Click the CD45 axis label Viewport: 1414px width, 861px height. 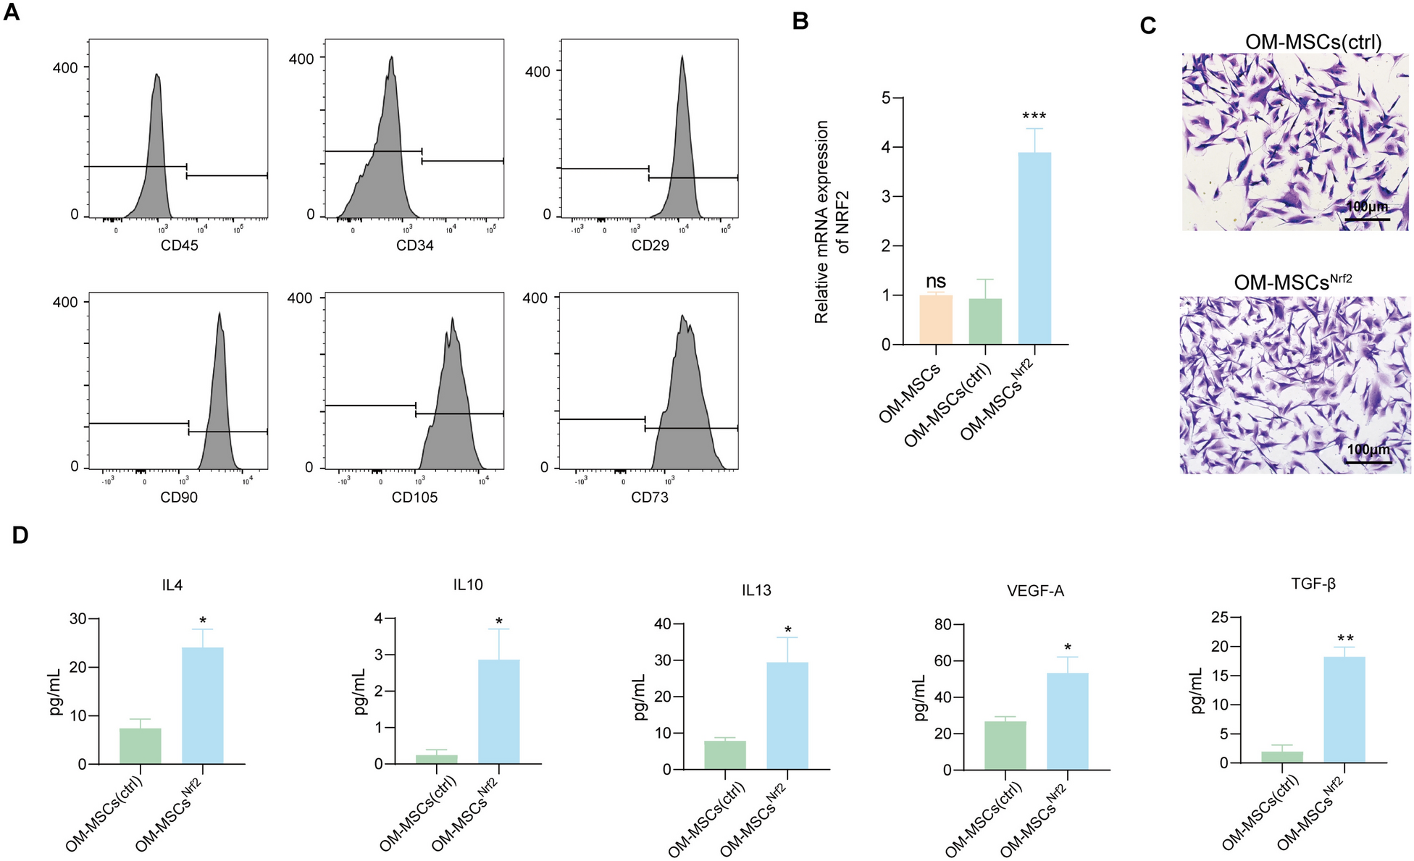179,245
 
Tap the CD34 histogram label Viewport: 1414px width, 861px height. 414,245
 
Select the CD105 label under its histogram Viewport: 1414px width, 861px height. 414,497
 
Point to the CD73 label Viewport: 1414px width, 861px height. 650,497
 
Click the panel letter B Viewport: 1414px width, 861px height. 800,21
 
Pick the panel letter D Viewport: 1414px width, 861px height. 20,535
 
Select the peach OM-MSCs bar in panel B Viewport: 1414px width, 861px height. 935,319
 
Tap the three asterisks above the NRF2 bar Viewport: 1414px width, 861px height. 1034,117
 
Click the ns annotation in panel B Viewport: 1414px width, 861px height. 935,282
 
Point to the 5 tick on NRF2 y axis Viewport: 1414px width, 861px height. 886,98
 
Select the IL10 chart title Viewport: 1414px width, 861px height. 468,584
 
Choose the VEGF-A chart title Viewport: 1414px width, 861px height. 1035,592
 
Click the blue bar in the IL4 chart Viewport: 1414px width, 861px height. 202,705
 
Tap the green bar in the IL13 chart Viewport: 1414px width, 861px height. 724,755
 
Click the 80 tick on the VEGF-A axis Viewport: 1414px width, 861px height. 942,624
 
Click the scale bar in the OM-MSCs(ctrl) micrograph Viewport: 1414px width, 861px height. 1368,219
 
